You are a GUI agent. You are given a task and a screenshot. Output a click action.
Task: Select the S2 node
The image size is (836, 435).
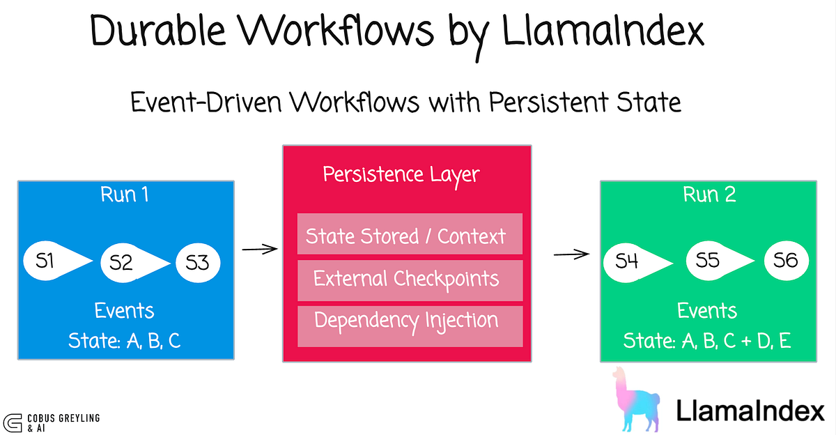point(122,262)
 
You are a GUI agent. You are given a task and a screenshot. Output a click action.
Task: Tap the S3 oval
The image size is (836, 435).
point(197,262)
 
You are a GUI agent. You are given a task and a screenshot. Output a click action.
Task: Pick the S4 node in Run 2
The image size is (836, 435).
point(628,261)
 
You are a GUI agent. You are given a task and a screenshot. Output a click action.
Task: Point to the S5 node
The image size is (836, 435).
point(707,261)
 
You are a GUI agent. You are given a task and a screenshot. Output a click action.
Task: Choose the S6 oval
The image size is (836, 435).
point(785,261)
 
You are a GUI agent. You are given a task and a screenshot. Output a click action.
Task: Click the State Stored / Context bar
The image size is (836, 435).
point(410,235)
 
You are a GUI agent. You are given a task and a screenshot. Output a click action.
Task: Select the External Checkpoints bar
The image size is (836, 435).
point(410,280)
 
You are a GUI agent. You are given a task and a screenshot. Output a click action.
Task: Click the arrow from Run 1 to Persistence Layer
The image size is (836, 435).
point(258,248)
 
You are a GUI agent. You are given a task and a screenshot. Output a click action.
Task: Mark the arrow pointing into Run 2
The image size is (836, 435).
point(569,254)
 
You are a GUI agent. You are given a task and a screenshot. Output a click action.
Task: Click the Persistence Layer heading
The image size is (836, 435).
point(401,174)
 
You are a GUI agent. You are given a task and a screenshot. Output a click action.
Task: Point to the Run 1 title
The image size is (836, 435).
point(125,194)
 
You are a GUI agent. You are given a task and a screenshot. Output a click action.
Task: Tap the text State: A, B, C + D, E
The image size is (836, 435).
point(707,342)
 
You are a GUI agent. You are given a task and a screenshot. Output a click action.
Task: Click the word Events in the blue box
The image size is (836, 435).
point(125,311)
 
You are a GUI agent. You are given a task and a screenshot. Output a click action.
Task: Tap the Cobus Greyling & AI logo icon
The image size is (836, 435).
point(12,422)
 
